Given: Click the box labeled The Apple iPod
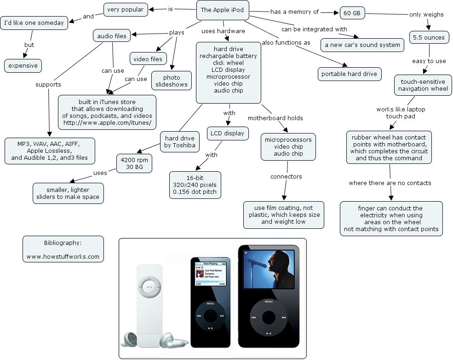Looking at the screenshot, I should [x=222, y=10].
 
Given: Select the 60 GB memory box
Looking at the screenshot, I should [x=352, y=13].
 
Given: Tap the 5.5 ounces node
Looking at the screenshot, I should [x=429, y=37].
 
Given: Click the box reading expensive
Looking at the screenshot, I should [x=23, y=66].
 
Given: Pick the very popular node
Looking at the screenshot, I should [x=125, y=9].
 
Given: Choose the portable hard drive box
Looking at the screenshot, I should [x=350, y=74].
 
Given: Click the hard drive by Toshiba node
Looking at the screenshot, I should [x=180, y=142].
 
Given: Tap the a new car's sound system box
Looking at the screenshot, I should [x=363, y=45].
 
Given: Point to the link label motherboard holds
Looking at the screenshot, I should [x=275, y=118].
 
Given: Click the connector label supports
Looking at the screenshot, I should [x=48, y=85].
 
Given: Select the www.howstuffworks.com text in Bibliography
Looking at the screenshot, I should [x=63, y=256].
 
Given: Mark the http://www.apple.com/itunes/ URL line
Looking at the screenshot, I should [x=107, y=123].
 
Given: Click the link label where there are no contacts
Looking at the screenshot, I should [x=390, y=183].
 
